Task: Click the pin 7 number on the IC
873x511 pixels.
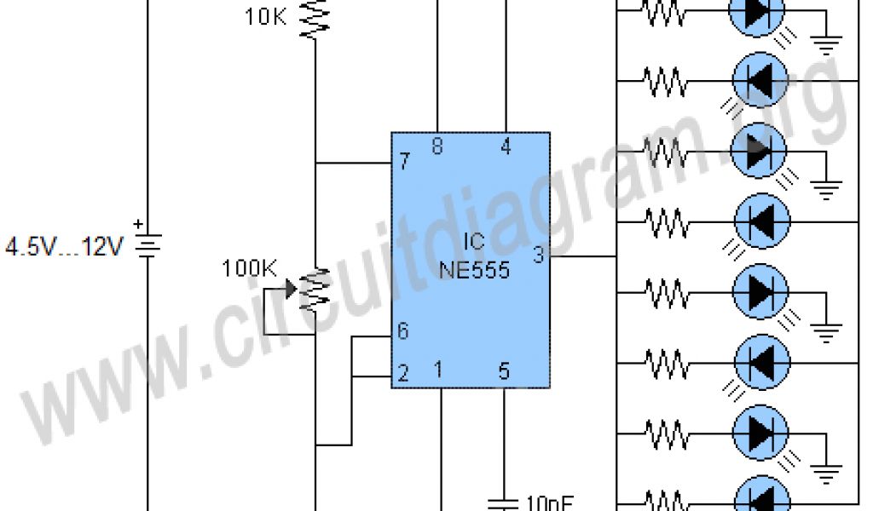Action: (x=405, y=160)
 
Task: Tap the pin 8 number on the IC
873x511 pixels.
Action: (x=437, y=147)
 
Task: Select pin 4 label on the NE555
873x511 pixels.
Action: (x=506, y=147)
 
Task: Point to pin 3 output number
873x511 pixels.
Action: (x=539, y=254)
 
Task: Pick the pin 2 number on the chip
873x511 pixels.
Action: (x=402, y=373)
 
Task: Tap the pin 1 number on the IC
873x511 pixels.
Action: (x=438, y=370)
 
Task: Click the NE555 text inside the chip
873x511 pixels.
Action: (x=475, y=270)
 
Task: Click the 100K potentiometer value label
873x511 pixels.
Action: (x=249, y=269)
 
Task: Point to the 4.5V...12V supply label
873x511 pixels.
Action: (x=65, y=248)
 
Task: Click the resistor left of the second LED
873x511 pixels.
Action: (x=666, y=82)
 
